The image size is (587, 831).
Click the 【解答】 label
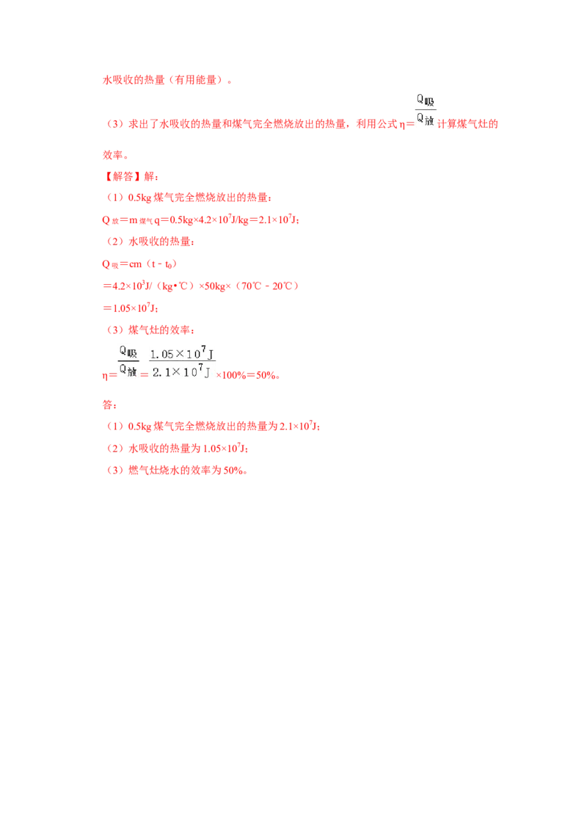(x=123, y=176)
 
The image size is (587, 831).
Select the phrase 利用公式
(x=376, y=124)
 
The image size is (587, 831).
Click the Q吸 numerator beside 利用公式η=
(x=426, y=101)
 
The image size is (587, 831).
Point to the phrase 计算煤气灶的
(x=468, y=124)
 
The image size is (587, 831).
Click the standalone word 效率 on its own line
(x=113, y=156)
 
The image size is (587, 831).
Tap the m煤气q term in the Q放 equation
(x=144, y=220)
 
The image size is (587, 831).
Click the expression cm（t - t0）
(x=153, y=264)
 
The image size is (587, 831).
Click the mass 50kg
(x=215, y=286)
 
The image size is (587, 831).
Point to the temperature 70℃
(x=252, y=286)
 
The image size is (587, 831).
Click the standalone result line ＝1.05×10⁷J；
(x=131, y=308)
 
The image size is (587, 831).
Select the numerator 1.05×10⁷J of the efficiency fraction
(x=182, y=353)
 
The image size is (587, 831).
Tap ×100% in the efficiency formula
(x=231, y=375)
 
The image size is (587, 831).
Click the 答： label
(x=109, y=405)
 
